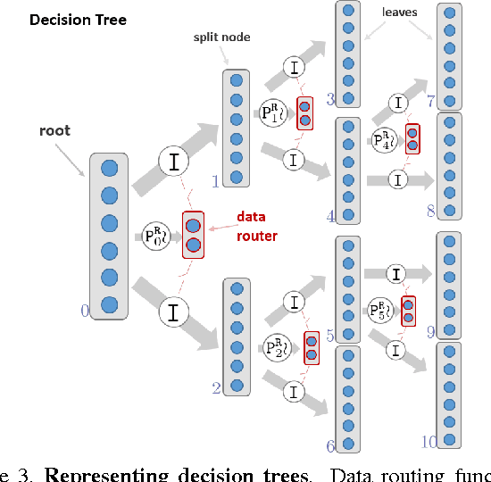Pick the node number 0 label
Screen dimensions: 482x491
point(85,311)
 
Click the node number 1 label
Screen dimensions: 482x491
point(215,182)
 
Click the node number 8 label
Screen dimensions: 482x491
point(430,212)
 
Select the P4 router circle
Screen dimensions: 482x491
point(385,138)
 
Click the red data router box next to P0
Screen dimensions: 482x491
point(193,235)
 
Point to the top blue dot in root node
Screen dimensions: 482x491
point(110,168)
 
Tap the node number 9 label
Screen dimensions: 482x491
point(430,332)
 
